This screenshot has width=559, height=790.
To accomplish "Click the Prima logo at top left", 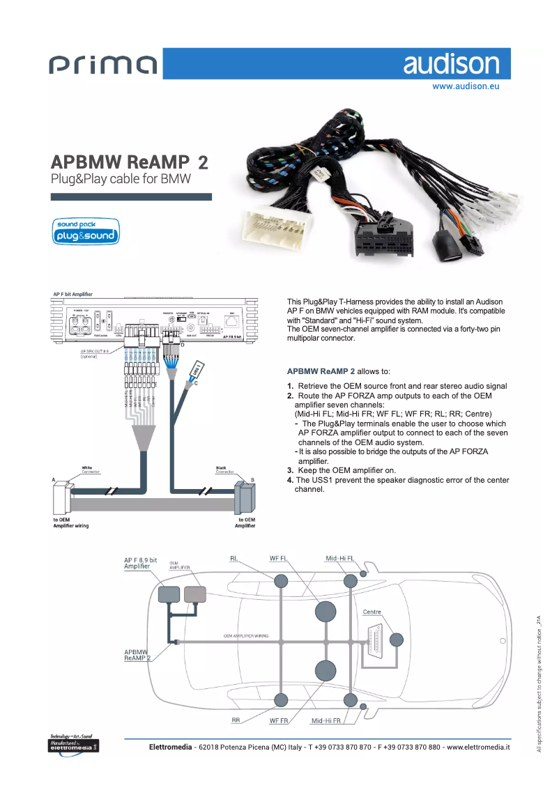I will [103, 65].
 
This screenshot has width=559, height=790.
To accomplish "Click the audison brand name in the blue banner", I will [451, 65].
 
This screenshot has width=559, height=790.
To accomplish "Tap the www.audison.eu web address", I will [466, 87].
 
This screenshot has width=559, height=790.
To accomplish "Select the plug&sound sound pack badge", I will [86, 232].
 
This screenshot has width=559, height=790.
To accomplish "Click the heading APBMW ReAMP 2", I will [129, 162].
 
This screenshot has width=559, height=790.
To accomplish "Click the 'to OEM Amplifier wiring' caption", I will [71, 522].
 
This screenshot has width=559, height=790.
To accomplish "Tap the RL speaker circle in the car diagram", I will [281, 581].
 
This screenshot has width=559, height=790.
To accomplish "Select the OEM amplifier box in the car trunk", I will [195, 594].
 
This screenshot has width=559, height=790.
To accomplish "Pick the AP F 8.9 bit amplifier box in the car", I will [169, 594].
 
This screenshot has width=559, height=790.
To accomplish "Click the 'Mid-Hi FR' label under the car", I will [326, 720].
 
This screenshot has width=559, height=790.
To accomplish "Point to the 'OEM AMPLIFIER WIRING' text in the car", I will [246, 636].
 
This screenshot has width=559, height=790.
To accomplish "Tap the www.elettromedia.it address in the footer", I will [478, 747].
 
